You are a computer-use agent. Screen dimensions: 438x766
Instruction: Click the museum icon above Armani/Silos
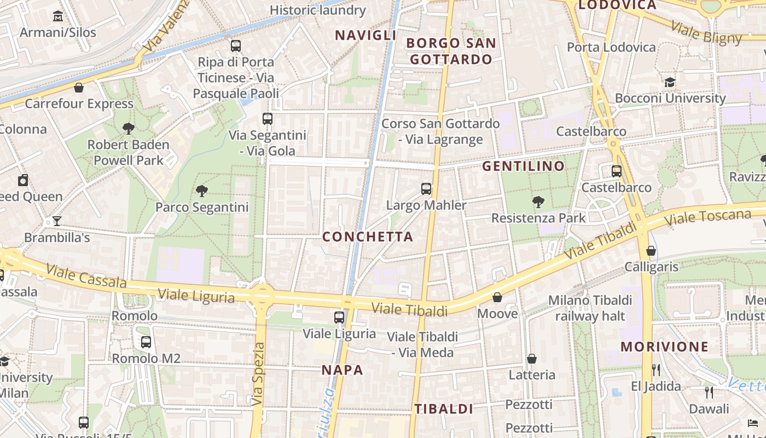pyautogui.click(x=58, y=16)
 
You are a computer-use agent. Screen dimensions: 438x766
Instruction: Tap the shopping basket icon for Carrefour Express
pyautogui.click(x=79, y=88)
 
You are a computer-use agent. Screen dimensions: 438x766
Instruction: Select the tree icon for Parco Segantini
pyautogui.click(x=202, y=191)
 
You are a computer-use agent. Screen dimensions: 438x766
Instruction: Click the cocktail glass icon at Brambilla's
pyautogui.click(x=56, y=221)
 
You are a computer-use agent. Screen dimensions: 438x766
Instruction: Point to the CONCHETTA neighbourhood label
pyautogui.click(x=368, y=237)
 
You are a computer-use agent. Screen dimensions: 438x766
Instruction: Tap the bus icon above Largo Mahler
pyautogui.click(x=426, y=189)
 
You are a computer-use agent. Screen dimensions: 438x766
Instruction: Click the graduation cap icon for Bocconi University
pyautogui.click(x=670, y=82)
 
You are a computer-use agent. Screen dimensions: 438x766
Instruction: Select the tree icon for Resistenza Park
pyautogui.click(x=538, y=202)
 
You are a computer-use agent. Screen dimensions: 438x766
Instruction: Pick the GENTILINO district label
pyautogui.click(x=523, y=166)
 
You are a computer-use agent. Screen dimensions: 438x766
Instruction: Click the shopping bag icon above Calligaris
pyautogui.click(x=651, y=251)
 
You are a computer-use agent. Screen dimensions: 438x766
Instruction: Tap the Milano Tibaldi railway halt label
pyautogui.click(x=590, y=308)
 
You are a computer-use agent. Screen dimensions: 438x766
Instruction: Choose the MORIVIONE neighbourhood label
pyautogui.click(x=665, y=347)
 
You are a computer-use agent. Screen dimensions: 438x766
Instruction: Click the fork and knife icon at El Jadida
pyautogui.click(x=656, y=370)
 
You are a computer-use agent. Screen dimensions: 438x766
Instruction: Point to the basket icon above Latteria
pyautogui.click(x=532, y=359)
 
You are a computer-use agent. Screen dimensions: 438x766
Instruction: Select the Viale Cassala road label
pyautogui.click(x=86, y=276)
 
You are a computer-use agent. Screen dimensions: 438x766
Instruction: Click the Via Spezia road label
pyautogui.click(x=258, y=374)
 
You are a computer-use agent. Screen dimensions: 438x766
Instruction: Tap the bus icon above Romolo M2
pyautogui.click(x=146, y=342)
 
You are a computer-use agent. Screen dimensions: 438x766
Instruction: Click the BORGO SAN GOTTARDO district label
pyautogui.click(x=451, y=51)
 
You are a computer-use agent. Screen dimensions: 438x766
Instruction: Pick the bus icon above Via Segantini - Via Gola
pyautogui.click(x=268, y=119)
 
